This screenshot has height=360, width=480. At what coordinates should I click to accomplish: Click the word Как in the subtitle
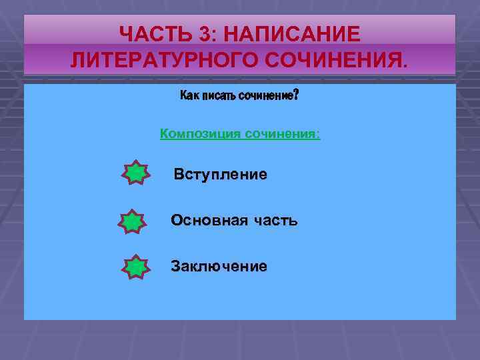click(189, 96)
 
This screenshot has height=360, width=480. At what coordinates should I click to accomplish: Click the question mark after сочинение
click(296, 95)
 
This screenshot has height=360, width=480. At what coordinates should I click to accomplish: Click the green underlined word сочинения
click(281, 134)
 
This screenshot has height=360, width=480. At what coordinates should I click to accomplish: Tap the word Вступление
click(220, 175)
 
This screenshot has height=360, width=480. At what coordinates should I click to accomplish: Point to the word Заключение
click(219, 266)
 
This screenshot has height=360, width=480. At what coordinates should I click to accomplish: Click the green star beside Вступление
click(135, 173)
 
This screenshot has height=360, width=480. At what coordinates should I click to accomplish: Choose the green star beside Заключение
click(135, 267)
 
